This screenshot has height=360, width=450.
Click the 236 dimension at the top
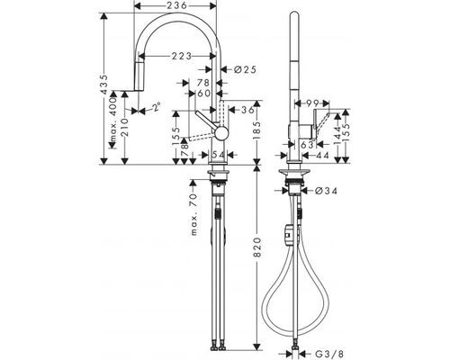click(175, 5)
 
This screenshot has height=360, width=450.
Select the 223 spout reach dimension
click(182, 56)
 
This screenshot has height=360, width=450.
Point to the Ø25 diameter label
click(245, 69)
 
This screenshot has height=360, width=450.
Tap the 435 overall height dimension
click(104, 85)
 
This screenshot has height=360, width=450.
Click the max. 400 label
click(112, 120)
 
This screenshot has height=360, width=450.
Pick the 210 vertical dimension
click(125, 127)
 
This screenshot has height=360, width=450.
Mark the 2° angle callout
click(157, 107)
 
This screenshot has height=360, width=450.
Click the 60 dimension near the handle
click(204, 94)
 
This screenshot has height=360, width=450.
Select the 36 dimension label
click(247, 110)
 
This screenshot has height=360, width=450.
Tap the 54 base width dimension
click(218, 155)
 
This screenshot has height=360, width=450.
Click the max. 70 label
click(194, 214)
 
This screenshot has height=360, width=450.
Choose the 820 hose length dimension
click(257, 247)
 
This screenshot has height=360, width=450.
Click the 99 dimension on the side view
click(312, 103)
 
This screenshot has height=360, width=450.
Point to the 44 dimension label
click(322, 155)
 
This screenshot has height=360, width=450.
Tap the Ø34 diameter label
click(327, 191)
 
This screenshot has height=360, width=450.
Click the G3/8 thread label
click(328, 354)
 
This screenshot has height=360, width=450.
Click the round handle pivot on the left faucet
click(221, 133)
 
